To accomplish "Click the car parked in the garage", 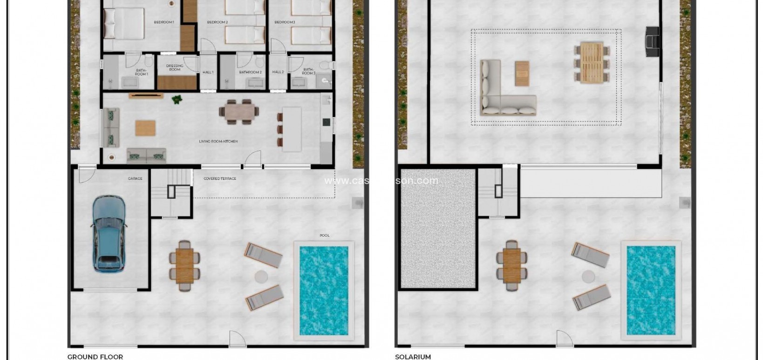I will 108,233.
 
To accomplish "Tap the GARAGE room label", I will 135,178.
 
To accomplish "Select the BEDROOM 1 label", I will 164,22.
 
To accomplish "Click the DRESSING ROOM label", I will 175,68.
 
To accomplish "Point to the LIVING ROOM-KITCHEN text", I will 218,141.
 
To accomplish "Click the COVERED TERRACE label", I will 220,178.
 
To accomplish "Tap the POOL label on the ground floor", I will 325,235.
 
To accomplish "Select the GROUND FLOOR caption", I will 95,357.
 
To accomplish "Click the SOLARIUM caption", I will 413,357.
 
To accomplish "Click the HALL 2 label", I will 278,72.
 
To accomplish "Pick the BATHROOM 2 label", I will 250,72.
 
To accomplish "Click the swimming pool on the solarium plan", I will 651,290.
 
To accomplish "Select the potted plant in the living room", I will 177,99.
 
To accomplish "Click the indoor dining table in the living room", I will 239,111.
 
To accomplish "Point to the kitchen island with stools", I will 291,129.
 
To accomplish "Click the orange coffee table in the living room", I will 145,128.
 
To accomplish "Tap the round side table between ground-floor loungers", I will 261,277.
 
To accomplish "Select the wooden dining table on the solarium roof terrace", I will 592,62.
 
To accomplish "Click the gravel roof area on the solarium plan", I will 438,228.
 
